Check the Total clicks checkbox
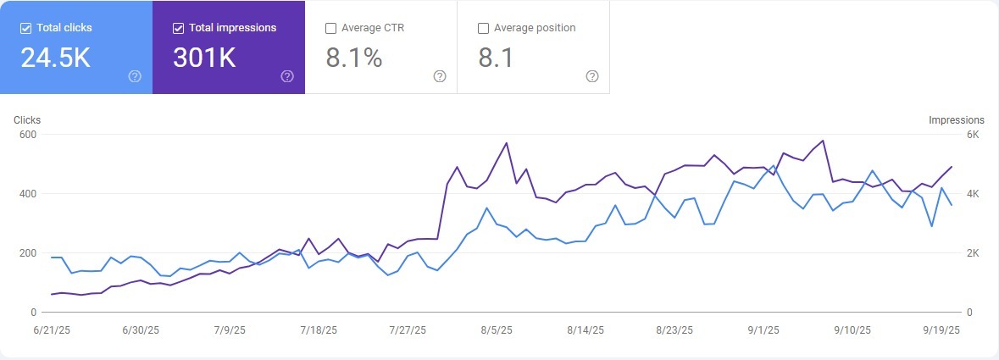(x=25, y=28)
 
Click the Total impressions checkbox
(x=178, y=28)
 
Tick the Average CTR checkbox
(x=330, y=28)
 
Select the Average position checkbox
(x=483, y=28)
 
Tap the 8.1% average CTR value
(x=353, y=58)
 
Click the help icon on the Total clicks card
(x=135, y=76)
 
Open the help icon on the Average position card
(x=592, y=76)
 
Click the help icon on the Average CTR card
(x=440, y=76)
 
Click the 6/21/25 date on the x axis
(x=53, y=330)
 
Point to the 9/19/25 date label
(x=941, y=330)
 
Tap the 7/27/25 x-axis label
(x=407, y=330)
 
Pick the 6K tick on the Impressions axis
(x=973, y=135)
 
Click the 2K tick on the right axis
(x=973, y=253)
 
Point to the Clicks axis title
(x=27, y=120)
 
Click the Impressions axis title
(x=957, y=120)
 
